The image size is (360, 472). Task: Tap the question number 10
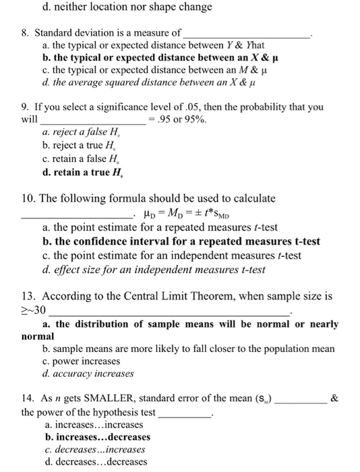pyautogui.click(x=28, y=198)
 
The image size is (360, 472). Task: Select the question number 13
pyautogui.click(x=28, y=297)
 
